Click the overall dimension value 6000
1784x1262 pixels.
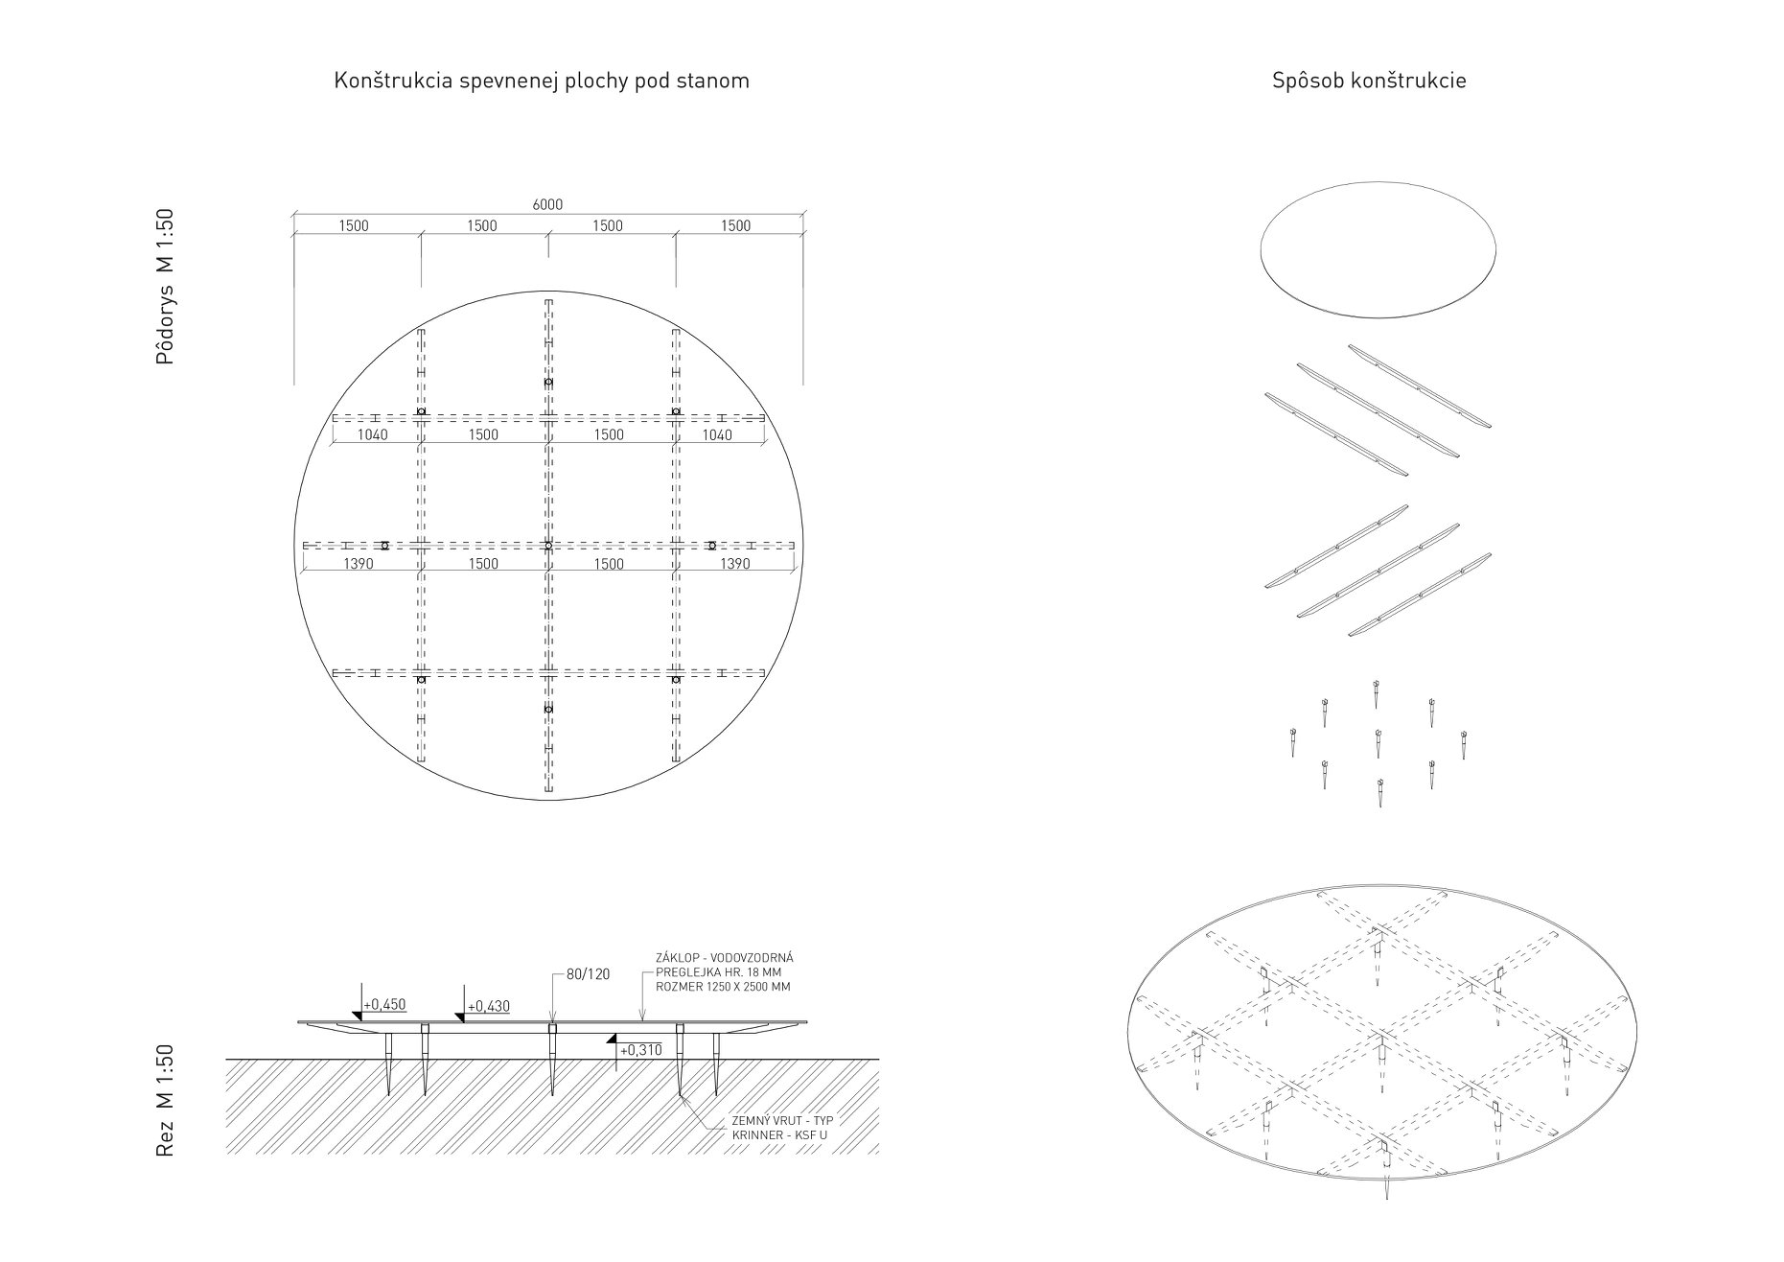[547, 204]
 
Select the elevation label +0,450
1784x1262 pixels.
[384, 1005]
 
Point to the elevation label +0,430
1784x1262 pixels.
[488, 1007]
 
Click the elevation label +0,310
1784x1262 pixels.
[640, 1050]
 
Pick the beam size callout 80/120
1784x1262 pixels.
[589, 974]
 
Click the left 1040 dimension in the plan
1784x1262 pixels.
[373, 435]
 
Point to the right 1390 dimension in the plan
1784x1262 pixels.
[735, 564]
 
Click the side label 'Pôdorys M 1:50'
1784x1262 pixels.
[166, 287]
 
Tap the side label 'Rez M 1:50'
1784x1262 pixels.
[166, 1100]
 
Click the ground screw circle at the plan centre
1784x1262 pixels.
[548, 546]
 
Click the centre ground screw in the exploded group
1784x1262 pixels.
[1378, 742]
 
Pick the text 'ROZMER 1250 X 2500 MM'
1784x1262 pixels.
[724, 987]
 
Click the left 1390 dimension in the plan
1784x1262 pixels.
[359, 564]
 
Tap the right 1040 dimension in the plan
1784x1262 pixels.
[717, 435]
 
